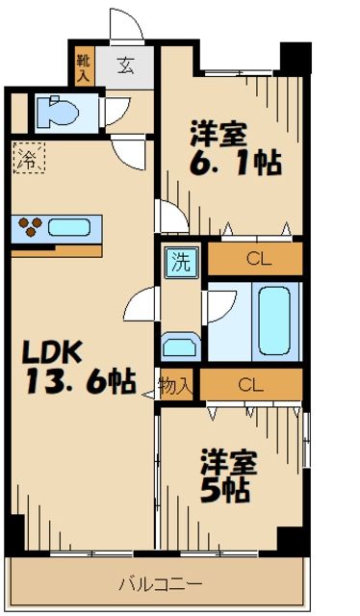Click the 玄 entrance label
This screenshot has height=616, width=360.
click(x=127, y=66)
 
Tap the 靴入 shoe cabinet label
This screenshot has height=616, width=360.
click(x=83, y=66)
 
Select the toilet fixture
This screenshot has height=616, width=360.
click(x=59, y=114)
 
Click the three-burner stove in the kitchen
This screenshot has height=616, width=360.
click(x=31, y=228)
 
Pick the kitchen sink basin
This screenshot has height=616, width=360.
click(x=68, y=228)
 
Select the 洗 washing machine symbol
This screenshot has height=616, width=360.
click(x=179, y=260)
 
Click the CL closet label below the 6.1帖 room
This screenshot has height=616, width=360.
click(x=254, y=257)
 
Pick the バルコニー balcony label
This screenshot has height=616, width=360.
click(x=160, y=583)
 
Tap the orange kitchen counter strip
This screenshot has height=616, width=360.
click(x=56, y=250)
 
